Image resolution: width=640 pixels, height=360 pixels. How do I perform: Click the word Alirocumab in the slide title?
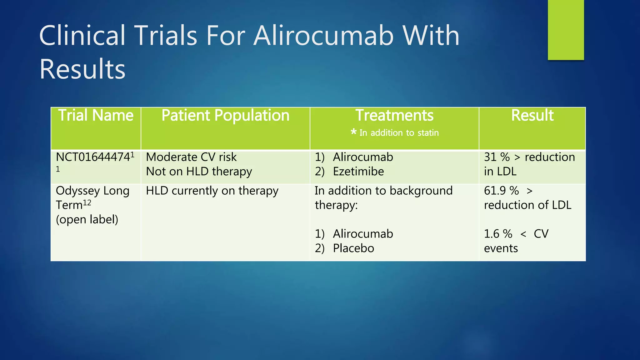coord(323,36)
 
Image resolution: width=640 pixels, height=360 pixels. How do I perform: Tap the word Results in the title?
coord(82,69)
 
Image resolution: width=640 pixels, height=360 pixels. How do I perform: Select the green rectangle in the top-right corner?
coord(566,30)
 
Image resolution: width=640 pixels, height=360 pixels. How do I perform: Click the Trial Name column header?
coord(96,115)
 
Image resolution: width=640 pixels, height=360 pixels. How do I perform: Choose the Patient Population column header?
coord(225,115)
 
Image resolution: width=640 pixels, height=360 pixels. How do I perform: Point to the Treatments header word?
coord(394,115)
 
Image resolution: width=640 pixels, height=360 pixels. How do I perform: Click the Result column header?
coord(532,115)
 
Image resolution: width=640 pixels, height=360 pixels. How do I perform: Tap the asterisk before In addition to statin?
coord(353,132)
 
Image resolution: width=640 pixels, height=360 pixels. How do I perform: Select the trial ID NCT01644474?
coord(93,157)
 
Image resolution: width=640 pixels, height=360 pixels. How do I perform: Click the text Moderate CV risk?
coord(191,157)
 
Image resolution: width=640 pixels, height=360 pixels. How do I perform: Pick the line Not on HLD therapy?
coord(199,172)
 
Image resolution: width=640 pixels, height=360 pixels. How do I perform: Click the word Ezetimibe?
coord(358,172)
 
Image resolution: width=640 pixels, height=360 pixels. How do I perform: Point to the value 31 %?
coord(497,157)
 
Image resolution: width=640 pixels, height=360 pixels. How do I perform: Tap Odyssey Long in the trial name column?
coord(92,191)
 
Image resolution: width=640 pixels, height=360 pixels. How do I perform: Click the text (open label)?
coord(87,220)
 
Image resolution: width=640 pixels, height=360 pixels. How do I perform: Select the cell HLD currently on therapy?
coord(212,191)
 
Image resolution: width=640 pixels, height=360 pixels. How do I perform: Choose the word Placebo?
coord(353,248)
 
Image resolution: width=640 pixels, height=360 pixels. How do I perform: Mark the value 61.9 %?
coord(501,191)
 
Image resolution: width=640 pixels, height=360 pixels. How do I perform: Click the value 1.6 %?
coord(498,234)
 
